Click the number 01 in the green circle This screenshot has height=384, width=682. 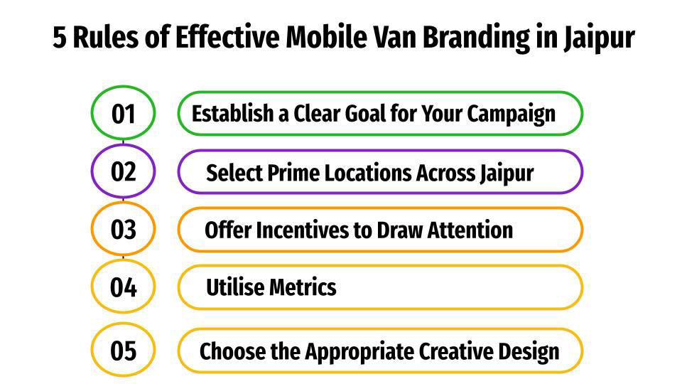pyautogui.click(x=123, y=114)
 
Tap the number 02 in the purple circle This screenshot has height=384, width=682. pyautogui.click(x=123, y=171)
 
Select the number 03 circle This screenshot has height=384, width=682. pyautogui.click(x=123, y=230)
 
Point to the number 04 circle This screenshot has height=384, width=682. pyautogui.click(x=123, y=287)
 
